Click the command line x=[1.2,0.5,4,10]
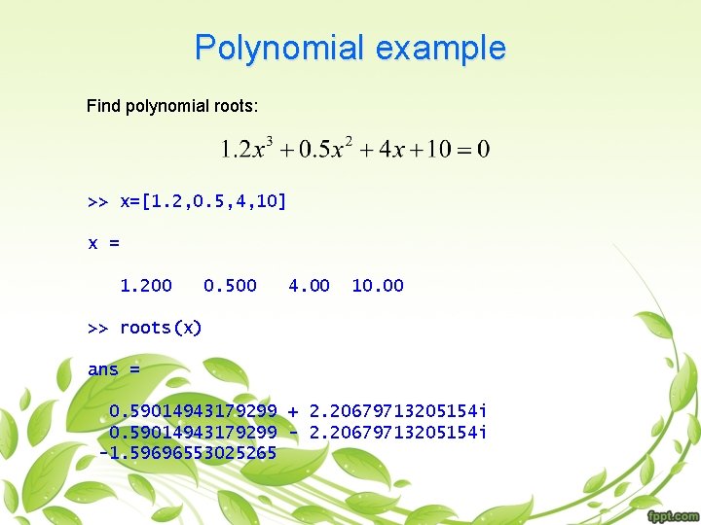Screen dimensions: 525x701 (x=187, y=201)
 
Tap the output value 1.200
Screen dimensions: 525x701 (x=145, y=286)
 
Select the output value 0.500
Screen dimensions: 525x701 (x=230, y=286)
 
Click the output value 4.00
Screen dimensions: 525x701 (x=309, y=286)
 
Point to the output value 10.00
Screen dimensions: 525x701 (x=377, y=286)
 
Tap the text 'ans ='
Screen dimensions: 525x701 (x=114, y=369)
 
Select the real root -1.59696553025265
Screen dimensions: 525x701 (x=188, y=453)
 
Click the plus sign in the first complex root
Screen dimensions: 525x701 (x=293, y=411)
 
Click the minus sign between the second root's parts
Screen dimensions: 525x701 (x=293, y=432)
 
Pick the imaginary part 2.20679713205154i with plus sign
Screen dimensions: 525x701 (x=398, y=411)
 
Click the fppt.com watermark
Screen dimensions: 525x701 (x=672, y=514)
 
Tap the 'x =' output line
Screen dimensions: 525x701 (x=104, y=243)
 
